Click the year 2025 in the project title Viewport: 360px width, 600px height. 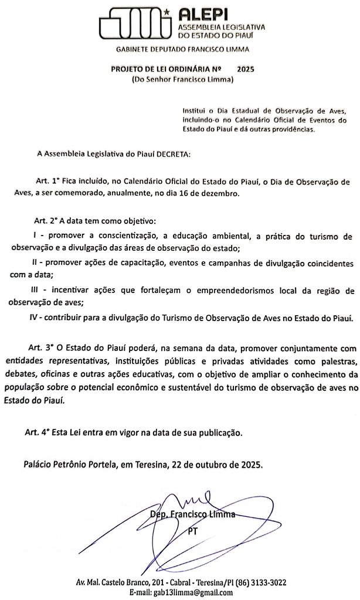[246, 69]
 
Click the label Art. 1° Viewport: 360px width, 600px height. [47, 182]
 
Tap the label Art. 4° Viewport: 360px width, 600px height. [38, 432]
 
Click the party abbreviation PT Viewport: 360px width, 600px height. [192, 531]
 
